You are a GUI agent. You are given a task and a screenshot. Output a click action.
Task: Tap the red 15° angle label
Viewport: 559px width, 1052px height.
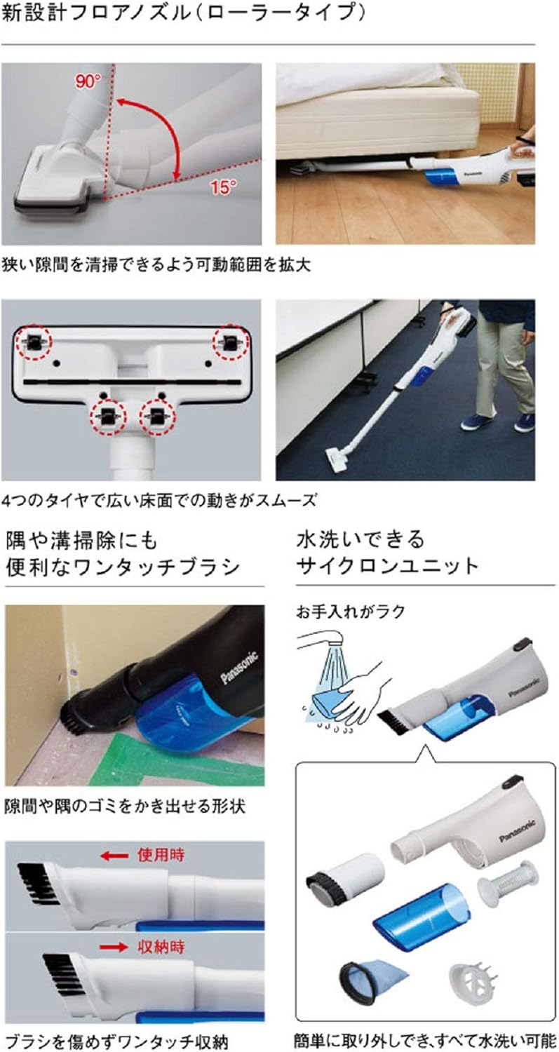(x=222, y=186)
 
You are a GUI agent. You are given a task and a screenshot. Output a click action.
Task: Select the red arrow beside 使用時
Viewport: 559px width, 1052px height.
(x=113, y=856)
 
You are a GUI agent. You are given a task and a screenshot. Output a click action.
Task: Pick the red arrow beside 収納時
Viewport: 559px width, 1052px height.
(x=114, y=947)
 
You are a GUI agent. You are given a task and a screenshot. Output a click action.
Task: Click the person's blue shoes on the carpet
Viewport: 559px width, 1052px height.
(x=498, y=422)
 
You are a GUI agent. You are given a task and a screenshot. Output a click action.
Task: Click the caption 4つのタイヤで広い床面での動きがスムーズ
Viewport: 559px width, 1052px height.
(x=159, y=500)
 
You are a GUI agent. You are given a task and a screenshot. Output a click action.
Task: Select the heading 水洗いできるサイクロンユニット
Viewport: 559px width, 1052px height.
(x=389, y=553)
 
